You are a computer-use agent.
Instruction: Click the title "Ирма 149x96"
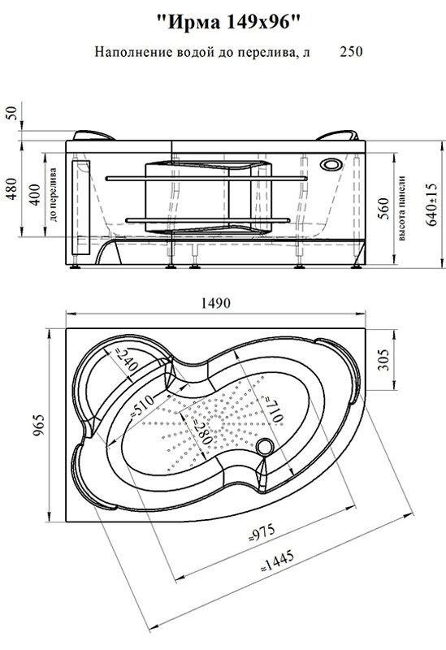pyautogui.click(x=227, y=22)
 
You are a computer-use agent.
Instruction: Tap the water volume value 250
pyautogui.click(x=351, y=52)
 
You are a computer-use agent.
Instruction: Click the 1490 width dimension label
pyautogui.click(x=215, y=303)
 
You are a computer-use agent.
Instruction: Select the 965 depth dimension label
pyautogui.click(x=38, y=426)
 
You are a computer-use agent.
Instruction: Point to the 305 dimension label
pyautogui.click(x=383, y=359)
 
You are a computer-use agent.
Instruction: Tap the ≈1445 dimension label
pyautogui.click(x=277, y=561)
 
